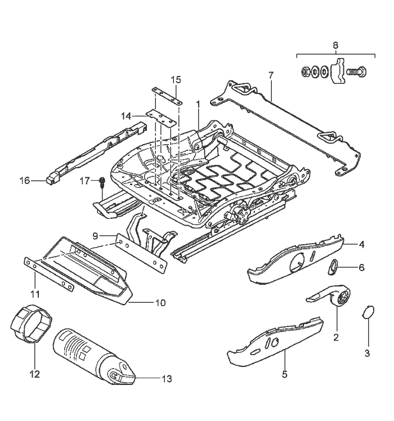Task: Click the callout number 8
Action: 335,44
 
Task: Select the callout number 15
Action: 176,78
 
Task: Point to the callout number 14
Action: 126,116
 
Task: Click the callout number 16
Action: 24,181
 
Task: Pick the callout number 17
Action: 84,181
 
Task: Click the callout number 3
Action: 367,353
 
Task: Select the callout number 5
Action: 284,374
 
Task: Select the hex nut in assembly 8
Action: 305,71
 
